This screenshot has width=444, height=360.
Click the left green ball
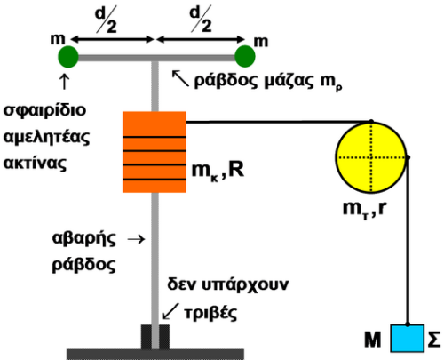click(x=68, y=57)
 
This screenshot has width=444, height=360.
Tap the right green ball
click(x=245, y=56)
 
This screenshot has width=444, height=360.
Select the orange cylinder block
click(x=155, y=152)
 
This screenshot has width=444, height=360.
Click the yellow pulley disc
click(x=371, y=157)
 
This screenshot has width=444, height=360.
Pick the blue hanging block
click(x=408, y=339)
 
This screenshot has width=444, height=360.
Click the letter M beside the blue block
click(x=372, y=340)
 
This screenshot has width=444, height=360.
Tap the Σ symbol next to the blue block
click(x=434, y=340)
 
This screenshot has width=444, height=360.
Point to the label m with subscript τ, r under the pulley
click(x=365, y=210)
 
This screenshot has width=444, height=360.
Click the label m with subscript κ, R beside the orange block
click(x=218, y=171)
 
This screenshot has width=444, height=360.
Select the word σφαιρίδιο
click(x=44, y=110)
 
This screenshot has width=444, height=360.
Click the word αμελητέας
click(x=46, y=137)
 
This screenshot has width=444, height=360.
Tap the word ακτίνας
click(x=35, y=164)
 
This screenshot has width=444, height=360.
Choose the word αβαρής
click(x=83, y=239)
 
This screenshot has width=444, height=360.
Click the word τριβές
click(x=210, y=313)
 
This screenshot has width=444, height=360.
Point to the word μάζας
click(x=289, y=81)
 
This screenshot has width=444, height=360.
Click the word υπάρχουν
click(x=245, y=285)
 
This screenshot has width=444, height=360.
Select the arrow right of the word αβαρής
click(x=136, y=239)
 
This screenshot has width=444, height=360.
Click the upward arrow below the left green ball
click(x=65, y=82)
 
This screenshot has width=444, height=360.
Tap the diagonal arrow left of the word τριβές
click(x=170, y=311)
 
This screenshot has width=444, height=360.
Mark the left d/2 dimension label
click(x=106, y=20)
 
